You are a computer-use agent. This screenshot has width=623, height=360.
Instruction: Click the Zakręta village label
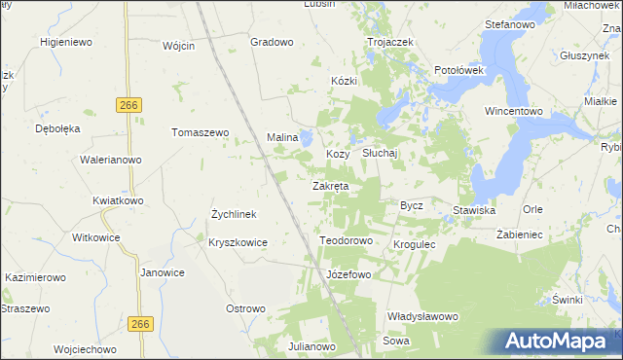pyautogui.click(x=330, y=186)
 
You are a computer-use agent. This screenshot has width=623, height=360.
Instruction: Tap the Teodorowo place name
pyautogui.click(x=347, y=240)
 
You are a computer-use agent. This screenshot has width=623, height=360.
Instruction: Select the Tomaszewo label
pyautogui.click(x=200, y=132)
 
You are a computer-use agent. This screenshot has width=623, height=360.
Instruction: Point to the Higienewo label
pyautogui.click(x=65, y=42)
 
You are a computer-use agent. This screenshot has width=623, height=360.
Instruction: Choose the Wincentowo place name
pyautogui.click(x=514, y=112)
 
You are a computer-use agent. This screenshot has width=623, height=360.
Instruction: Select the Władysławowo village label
pyautogui.click(x=422, y=316)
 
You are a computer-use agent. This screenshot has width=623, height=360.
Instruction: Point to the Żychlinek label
pyautogui.click(x=234, y=213)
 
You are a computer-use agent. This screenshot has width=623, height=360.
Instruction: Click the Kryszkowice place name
pyautogui.click(x=238, y=241)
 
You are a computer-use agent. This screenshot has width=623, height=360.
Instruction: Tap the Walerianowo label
pyautogui.click(x=111, y=160)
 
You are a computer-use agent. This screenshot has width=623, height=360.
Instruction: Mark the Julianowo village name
pyautogui.click(x=311, y=346)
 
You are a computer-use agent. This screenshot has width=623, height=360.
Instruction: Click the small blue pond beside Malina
pyautogui.click(x=307, y=138)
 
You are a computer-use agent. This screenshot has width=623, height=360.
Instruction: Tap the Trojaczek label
pyautogui.click(x=390, y=43)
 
